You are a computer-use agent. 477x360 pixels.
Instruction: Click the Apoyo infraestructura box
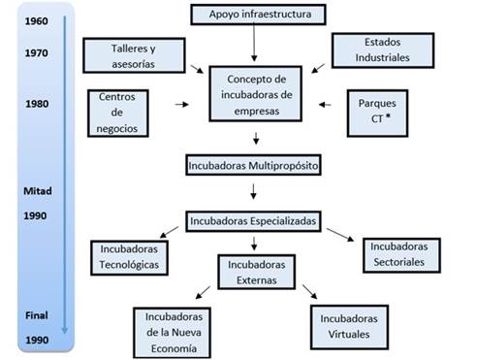pos(254,15)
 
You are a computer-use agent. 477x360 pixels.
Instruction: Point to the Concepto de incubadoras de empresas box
pos(254,93)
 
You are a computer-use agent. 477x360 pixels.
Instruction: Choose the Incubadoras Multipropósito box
pos(254,165)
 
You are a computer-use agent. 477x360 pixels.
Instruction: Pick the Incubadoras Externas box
pos(254,272)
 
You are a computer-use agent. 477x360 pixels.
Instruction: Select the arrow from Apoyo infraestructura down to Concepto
pos(254,44)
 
